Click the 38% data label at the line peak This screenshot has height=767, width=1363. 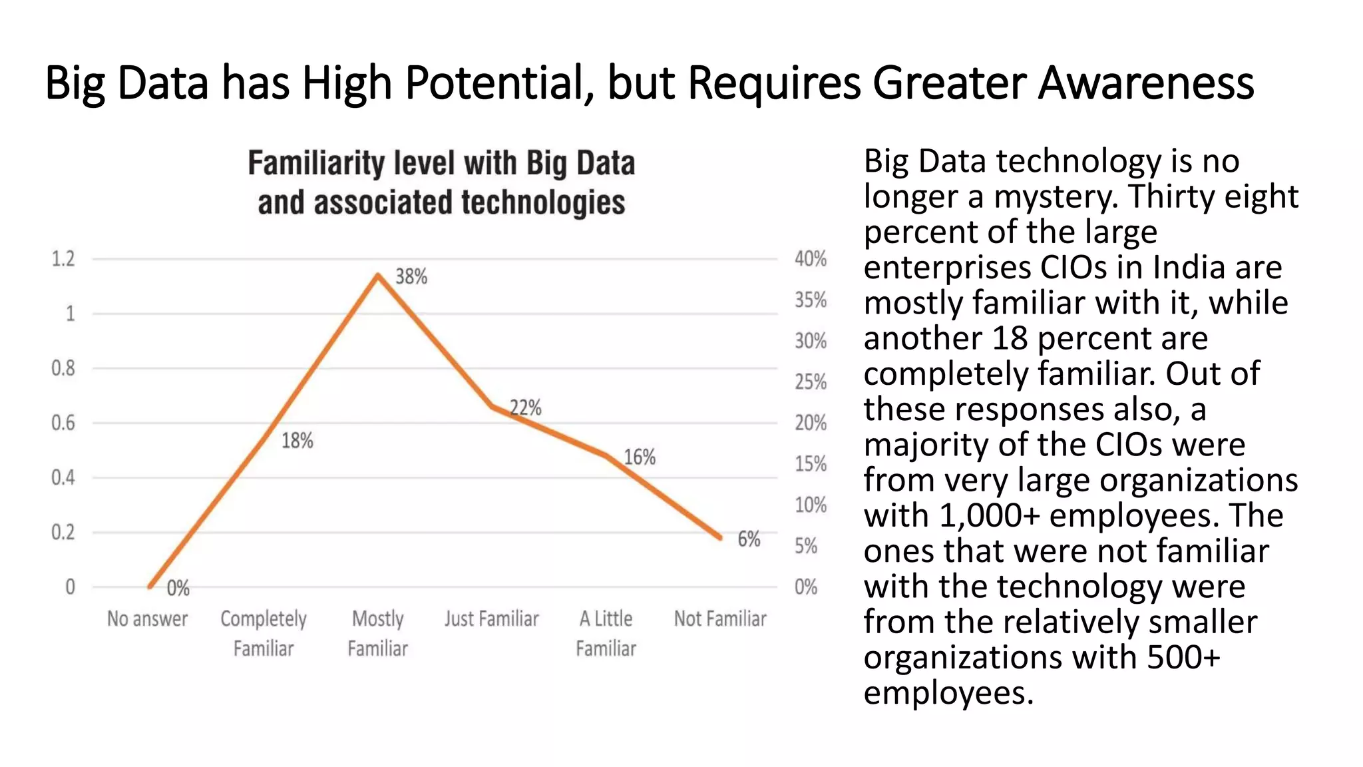[x=411, y=276]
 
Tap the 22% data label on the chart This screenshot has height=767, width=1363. [x=526, y=407]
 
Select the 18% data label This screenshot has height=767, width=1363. [x=297, y=440]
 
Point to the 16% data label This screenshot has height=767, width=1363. [x=640, y=457]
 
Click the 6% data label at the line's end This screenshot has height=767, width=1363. [x=749, y=539]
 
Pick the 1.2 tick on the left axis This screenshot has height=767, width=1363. [x=63, y=258]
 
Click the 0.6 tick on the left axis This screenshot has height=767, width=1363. [x=63, y=423]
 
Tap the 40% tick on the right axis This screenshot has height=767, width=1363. [x=811, y=258]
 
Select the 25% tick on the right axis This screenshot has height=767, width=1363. [x=811, y=382]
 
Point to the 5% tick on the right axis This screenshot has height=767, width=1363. [x=806, y=546]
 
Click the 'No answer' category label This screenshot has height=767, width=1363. [x=148, y=619]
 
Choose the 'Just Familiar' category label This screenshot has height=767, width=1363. [x=492, y=619]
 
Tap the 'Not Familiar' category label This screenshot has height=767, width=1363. [x=720, y=619]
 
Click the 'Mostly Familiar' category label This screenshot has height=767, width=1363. [x=378, y=633]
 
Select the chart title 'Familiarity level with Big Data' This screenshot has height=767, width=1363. [x=441, y=163]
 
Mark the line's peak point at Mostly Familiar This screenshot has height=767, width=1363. [x=378, y=274]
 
